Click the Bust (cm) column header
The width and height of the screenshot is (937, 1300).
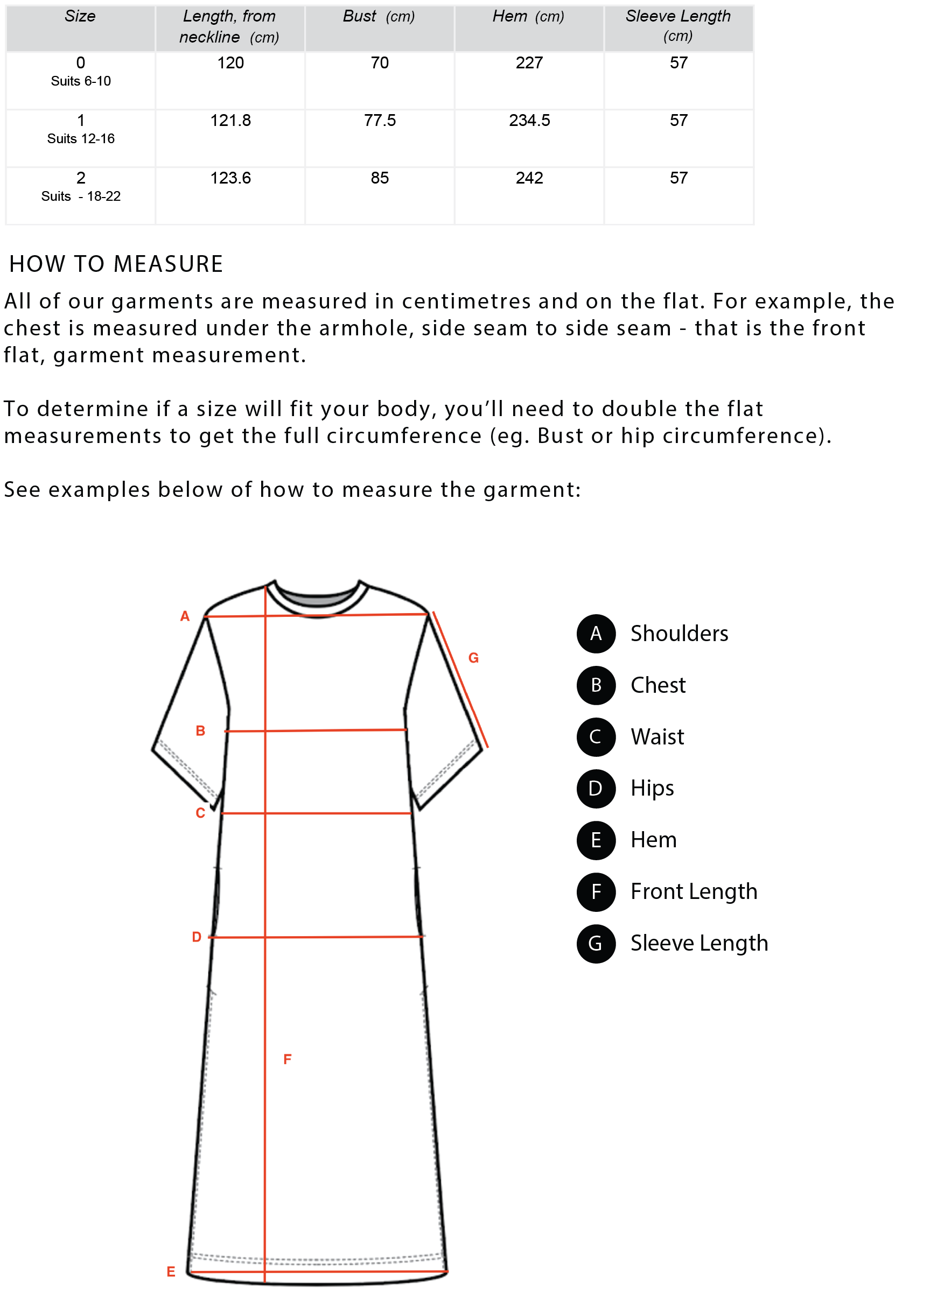point(379,17)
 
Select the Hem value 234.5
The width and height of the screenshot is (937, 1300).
point(529,121)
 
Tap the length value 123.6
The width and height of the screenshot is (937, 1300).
point(230,178)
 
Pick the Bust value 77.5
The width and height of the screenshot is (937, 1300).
point(380,121)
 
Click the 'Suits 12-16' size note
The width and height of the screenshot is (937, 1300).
point(81,139)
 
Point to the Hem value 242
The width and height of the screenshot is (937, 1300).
point(529,178)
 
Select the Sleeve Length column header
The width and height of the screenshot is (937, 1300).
point(678,25)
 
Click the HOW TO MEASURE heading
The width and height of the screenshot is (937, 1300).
point(116,264)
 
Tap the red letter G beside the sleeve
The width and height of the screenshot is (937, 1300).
point(473,658)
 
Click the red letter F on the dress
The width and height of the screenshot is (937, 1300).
point(288,1059)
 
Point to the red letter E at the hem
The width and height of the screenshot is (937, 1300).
point(171,1272)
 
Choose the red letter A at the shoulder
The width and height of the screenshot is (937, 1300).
point(185,616)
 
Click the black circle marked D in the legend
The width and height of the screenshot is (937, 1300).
point(596,789)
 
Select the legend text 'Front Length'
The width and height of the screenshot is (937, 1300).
point(693,892)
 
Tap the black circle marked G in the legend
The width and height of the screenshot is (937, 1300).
point(596,944)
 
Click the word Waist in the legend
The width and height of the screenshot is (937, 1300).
point(657,737)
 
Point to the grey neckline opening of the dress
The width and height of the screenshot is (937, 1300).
point(317,600)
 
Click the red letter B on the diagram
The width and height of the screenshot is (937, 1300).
point(200,731)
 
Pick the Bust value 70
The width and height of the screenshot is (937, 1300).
point(380,63)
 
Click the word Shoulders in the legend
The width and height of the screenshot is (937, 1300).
point(679,634)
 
